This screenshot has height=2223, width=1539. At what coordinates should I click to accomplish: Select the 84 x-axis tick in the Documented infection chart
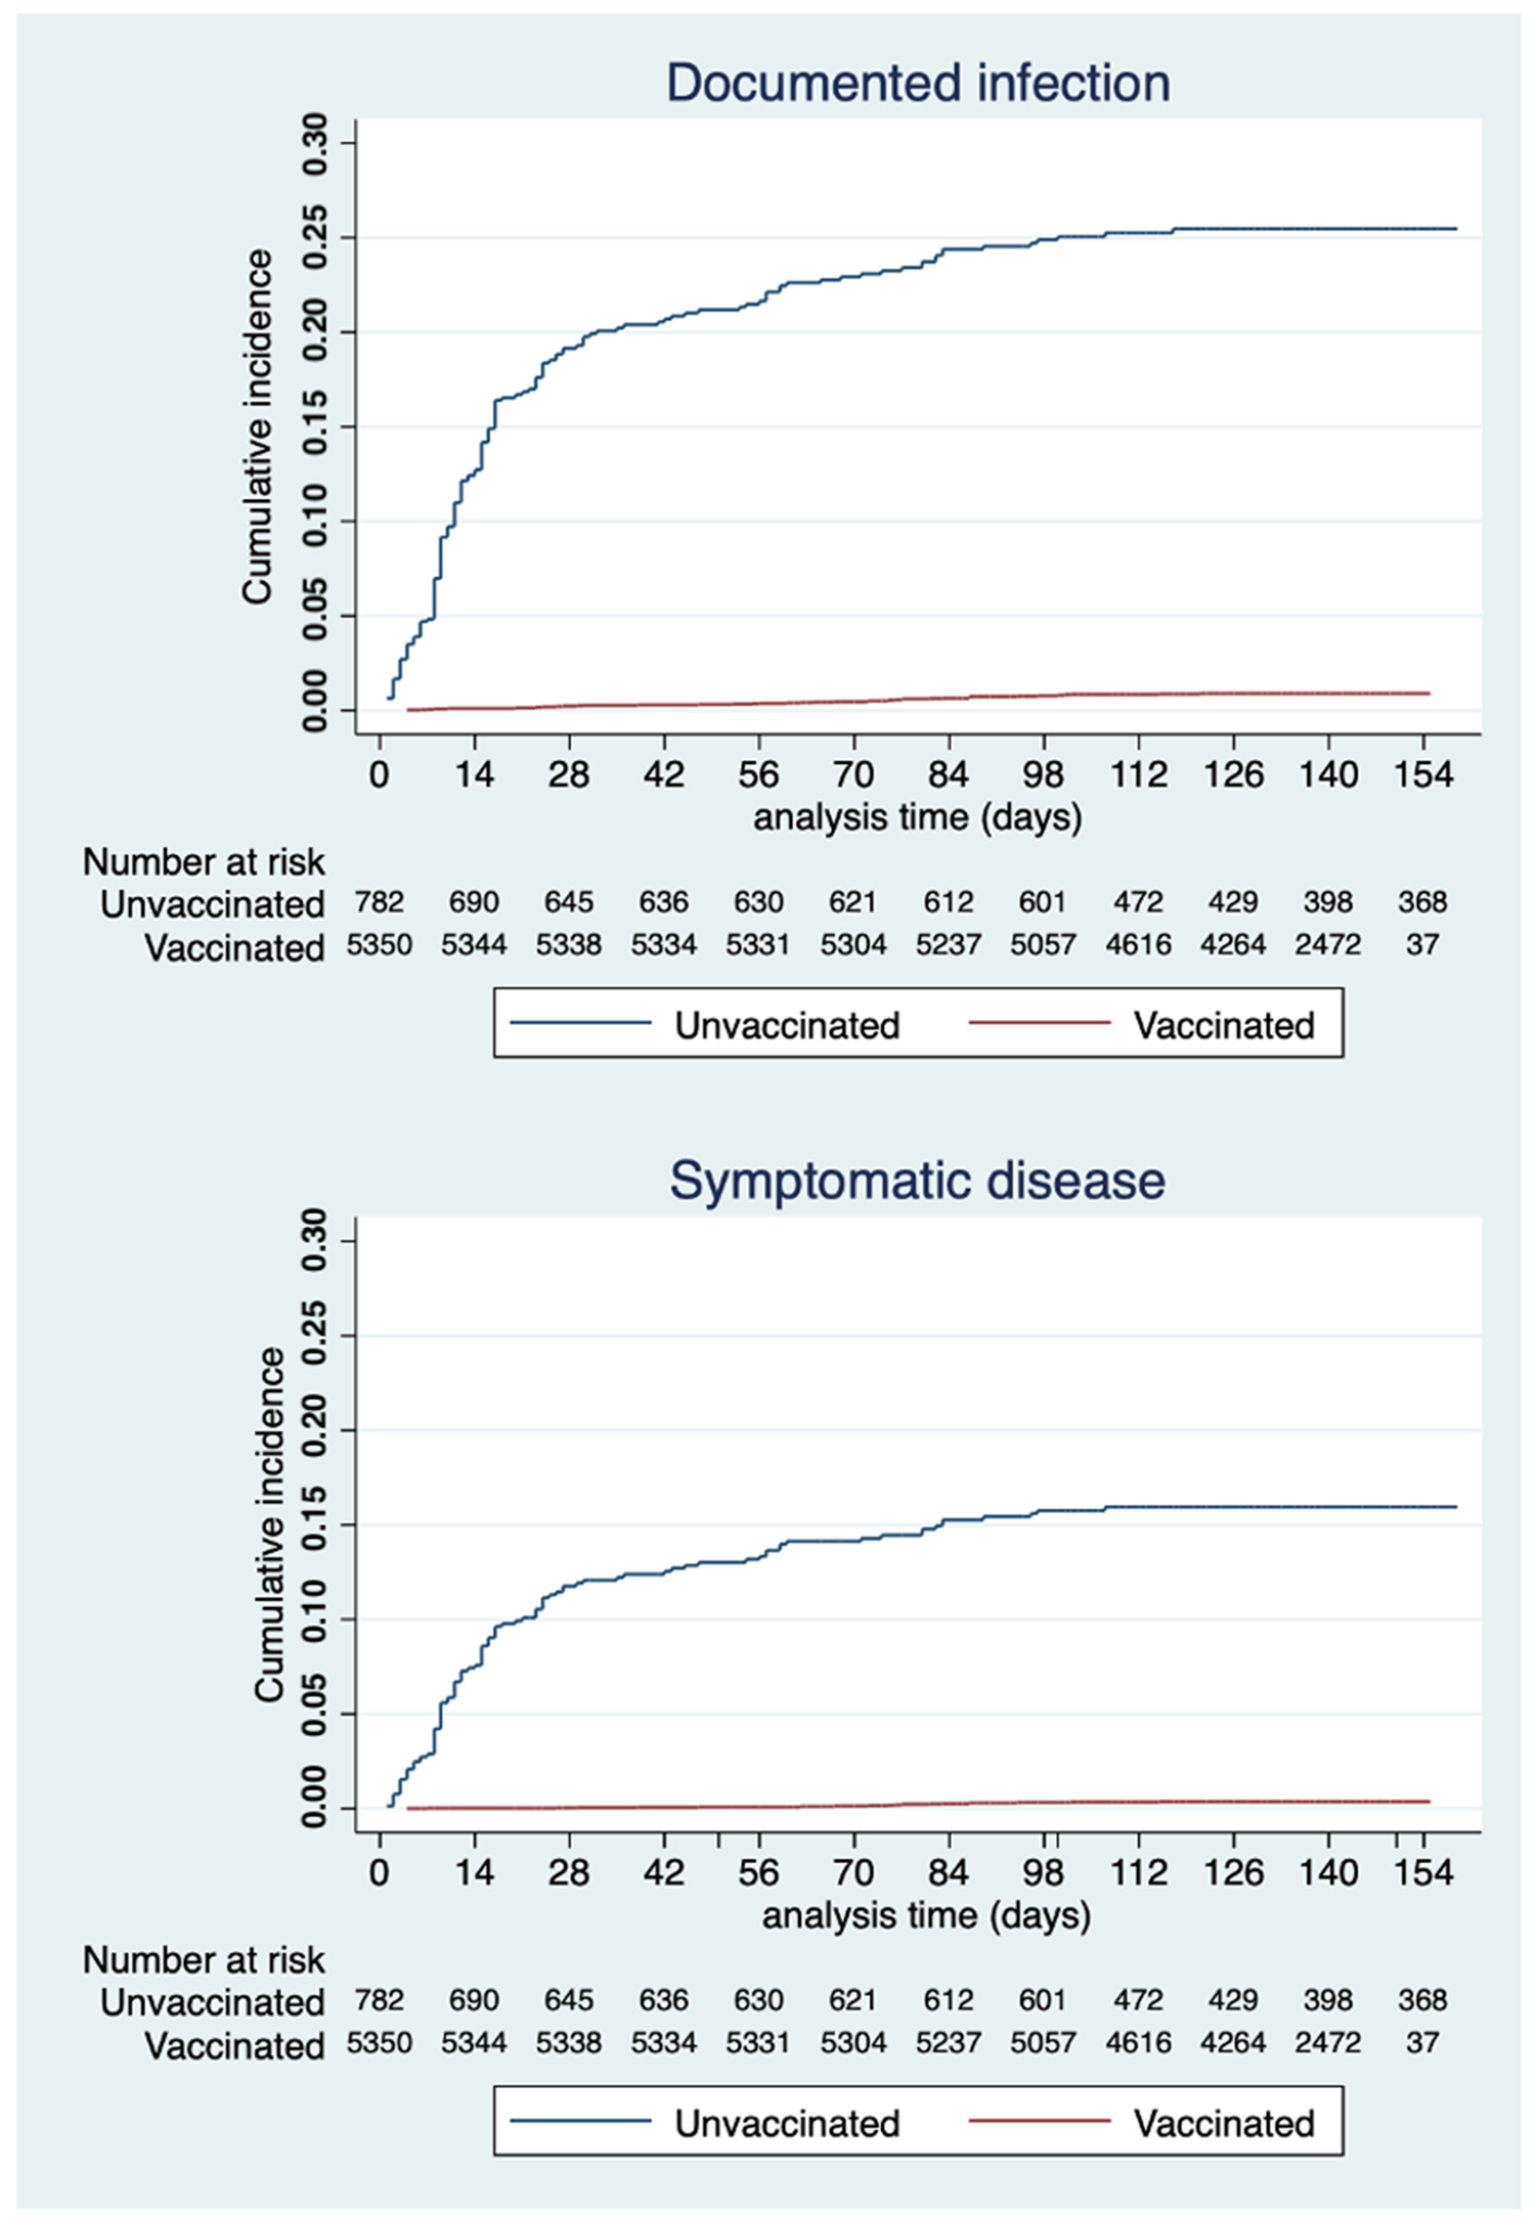[x=948, y=775]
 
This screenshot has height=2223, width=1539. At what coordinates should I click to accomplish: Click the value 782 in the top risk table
[x=379, y=903]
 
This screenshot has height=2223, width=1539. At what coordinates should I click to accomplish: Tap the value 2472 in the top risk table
[x=1328, y=945]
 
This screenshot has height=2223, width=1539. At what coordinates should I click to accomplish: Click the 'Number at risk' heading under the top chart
[x=203, y=861]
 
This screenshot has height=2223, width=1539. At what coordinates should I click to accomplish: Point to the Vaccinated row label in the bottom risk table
[x=234, y=2045]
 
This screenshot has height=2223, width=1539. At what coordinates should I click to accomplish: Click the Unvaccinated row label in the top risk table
[x=212, y=905]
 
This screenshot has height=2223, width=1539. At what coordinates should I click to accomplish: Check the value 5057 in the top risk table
[x=1042, y=945]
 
